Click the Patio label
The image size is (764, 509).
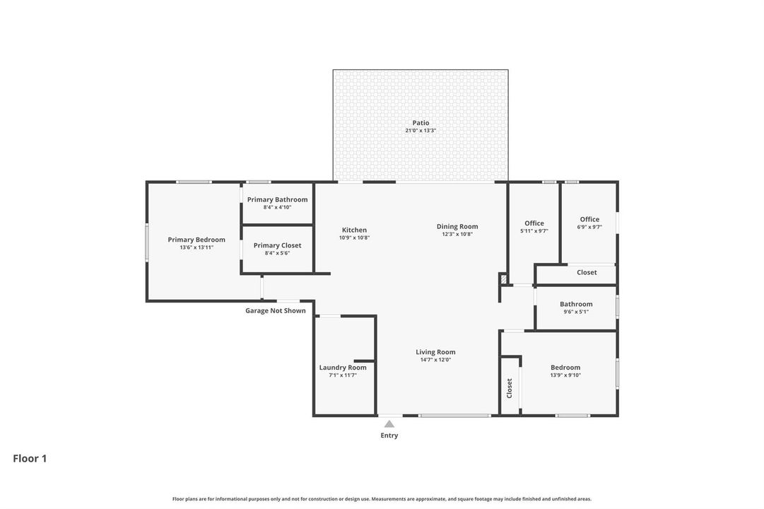click(421, 123)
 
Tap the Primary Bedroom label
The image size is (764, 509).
click(196, 240)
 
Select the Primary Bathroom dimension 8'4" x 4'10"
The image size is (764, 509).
click(277, 207)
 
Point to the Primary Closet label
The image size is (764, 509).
click(277, 245)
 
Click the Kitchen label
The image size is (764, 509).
click(354, 230)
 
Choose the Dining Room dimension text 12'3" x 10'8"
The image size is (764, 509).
click(457, 234)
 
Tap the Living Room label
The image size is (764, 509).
click(435, 352)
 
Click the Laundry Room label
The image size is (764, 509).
click(343, 368)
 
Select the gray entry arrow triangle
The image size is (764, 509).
click(389, 423)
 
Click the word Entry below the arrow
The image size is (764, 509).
click(389, 435)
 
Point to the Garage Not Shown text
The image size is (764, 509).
click(276, 310)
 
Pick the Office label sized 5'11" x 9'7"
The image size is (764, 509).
click(534, 223)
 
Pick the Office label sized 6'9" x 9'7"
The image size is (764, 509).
click(589, 219)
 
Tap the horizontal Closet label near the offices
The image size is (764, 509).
click(587, 273)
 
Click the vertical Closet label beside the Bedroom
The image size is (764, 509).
click(509, 389)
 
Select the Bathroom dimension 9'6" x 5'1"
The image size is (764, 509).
click(576, 312)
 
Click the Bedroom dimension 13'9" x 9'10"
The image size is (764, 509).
click(565, 375)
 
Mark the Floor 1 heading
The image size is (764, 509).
click(30, 458)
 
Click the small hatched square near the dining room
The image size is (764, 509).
click(503, 279)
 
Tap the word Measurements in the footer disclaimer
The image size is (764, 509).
click(387, 499)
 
